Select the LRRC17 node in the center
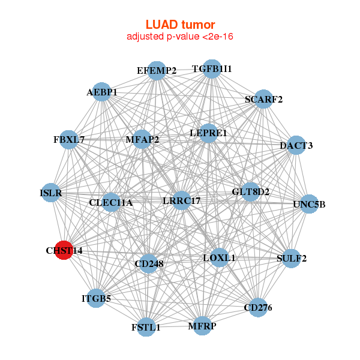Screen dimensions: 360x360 pyautogui.click(x=182, y=201)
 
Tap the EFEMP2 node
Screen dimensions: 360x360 pyautogui.click(x=156, y=70)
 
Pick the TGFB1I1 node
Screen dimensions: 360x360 pyautogui.click(x=211, y=68)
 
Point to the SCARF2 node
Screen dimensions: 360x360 pyautogui.click(x=263, y=99)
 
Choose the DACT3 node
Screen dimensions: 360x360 pyautogui.click(x=296, y=145)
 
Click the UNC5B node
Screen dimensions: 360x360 pyautogui.click(x=309, y=204)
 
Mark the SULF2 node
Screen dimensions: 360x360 pyautogui.click(x=292, y=259)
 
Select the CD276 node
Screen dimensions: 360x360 pyautogui.click(x=257, y=308)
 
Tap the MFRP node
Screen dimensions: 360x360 pyautogui.click(x=202, y=326)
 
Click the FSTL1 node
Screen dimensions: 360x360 pyautogui.click(x=146, y=327)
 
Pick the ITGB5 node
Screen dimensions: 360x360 pyautogui.click(x=96, y=298)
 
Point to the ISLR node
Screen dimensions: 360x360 pyautogui.click(x=51, y=193)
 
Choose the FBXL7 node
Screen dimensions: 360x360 pyautogui.click(x=69, y=140)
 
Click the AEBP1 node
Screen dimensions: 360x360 pyautogui.click(x=101, y=92)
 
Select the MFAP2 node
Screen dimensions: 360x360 pyautogui.click(x=142, y=140)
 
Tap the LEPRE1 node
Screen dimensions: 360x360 pyautogui.click(x=208, y=133)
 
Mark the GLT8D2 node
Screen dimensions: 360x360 pyautogui.click(x=250, y=192)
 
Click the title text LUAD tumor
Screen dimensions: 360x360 pyautogui.click(x=180, y=25)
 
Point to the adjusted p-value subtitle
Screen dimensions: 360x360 pyautogui.click(x=180, y=37)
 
